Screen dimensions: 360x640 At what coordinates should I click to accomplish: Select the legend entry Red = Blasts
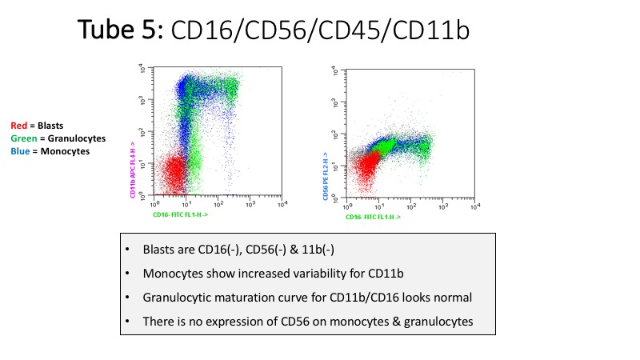click(x=37, y=125)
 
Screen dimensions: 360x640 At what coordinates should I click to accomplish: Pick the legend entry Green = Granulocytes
click(x=58, y=138)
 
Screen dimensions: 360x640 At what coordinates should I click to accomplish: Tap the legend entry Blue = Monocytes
click(x=50, y=150)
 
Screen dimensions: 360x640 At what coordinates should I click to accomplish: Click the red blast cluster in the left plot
click(x=166, y=172)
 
